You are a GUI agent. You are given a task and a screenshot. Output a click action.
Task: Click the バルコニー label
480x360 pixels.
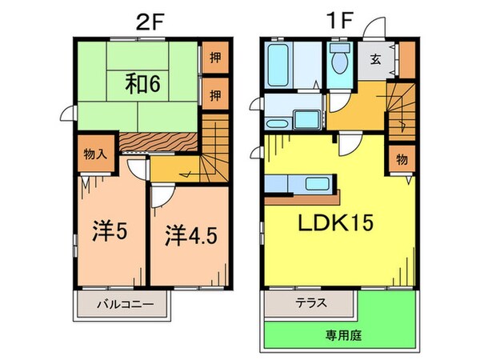(x=122, y=305)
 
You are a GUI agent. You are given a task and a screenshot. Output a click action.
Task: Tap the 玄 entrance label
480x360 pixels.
(x=375, y=59)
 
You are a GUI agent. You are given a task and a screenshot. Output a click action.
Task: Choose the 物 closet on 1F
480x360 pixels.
(x=402, y=159)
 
